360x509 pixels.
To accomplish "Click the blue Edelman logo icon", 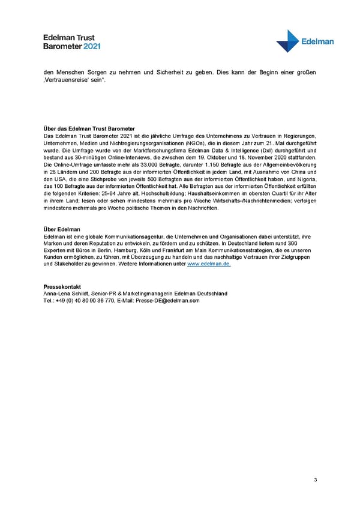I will point(289,41).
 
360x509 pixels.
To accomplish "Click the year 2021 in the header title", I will point(92,46).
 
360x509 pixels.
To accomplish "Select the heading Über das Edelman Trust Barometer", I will point(89,129).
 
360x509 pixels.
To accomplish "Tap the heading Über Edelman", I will point(62,230).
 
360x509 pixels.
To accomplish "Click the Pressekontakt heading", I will point(62,286).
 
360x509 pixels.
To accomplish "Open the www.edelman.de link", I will point(209,264).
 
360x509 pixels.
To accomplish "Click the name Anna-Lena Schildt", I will point(66,294).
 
